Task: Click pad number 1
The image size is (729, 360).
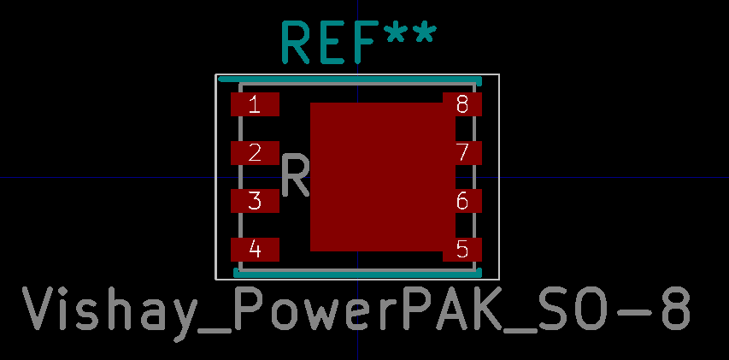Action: tap(255, 104)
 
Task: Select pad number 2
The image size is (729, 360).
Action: tap(255, 153)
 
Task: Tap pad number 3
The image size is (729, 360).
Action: tap(255, 202)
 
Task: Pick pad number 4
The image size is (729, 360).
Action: tap(255, 250)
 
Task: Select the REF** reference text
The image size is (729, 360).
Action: tap(358, 43)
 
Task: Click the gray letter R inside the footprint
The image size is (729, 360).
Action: tap(296, 176)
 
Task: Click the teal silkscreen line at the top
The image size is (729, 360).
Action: tap(350, 80)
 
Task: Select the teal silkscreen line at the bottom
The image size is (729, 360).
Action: tap(357, 273)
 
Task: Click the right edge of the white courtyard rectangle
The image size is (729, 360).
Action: tap(498, 176)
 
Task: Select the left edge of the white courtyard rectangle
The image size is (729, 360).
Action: tap(215, 176)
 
